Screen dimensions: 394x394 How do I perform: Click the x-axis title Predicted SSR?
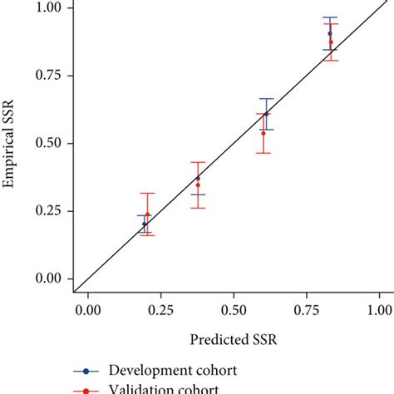click(233, 340)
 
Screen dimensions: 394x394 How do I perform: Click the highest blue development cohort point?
click(330, 33)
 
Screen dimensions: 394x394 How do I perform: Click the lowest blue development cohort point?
click(145, 224)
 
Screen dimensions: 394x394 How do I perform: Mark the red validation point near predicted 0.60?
click(263, 133)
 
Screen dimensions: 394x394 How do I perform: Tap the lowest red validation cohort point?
click(148, 214)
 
